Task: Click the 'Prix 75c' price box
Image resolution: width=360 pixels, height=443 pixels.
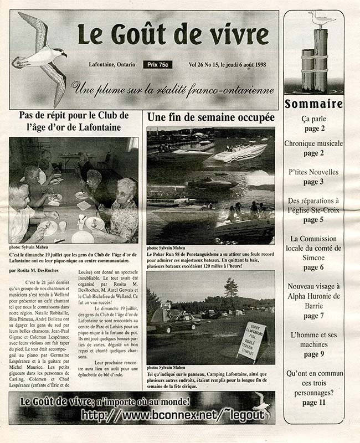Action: tap(157, 65)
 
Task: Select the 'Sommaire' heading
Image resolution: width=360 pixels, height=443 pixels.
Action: tap(313, 104)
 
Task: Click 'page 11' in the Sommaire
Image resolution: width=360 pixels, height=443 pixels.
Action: tap(313, 403)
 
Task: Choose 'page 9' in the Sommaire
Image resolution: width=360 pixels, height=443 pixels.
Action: tap(313, 354)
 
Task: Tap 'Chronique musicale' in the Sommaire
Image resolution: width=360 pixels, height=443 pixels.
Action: tap(313, 143)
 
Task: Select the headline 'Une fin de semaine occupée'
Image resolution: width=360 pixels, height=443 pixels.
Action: tap(210, 117)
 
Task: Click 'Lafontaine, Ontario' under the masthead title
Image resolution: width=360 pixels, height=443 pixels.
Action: tap(112, 65)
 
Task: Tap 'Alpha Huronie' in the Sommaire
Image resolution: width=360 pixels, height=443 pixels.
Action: tap(313, 296)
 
